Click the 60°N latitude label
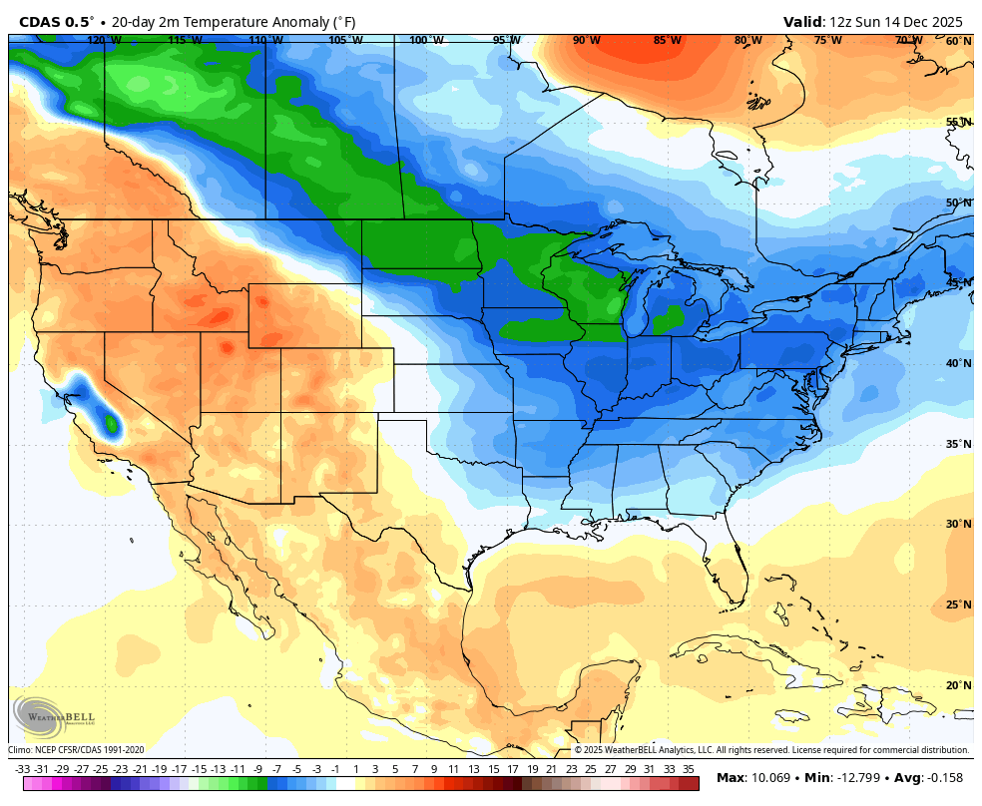[958, 41]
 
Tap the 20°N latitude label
[958, 685]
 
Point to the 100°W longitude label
[426, 40]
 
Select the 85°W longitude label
[668, 40]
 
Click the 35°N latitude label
[958, 444]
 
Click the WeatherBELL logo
[54, 716]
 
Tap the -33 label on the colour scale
[23, 769]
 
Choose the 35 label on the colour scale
[688, 769]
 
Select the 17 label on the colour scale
[512, 769]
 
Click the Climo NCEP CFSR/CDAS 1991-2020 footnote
[77, 750]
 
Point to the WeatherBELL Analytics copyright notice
[770, 750]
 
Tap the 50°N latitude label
[958, 202]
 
